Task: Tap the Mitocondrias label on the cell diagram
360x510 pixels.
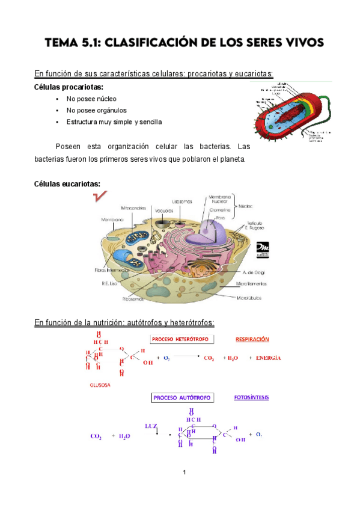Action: (x=133, y=207)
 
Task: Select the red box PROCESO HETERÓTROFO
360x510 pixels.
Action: (x=180, y=339)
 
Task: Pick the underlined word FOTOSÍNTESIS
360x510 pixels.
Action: (x=252, y=398)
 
